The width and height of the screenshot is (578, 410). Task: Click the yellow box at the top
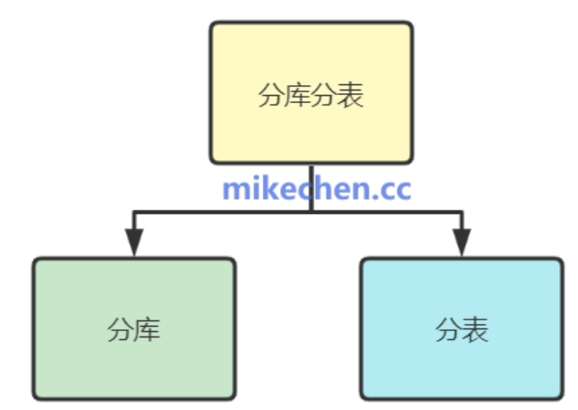[310, 93]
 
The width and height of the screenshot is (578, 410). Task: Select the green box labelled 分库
[134, 329]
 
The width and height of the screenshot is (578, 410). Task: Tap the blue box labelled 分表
[462, 329]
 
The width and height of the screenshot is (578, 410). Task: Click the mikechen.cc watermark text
[317, 189]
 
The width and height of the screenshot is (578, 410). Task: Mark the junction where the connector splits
[310, 212]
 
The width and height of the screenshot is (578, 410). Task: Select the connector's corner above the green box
[134, 212]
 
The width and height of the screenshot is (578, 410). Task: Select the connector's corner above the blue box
[462, 212]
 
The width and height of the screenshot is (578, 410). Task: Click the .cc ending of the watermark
[392, 190]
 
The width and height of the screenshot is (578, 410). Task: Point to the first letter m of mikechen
[234, 190]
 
